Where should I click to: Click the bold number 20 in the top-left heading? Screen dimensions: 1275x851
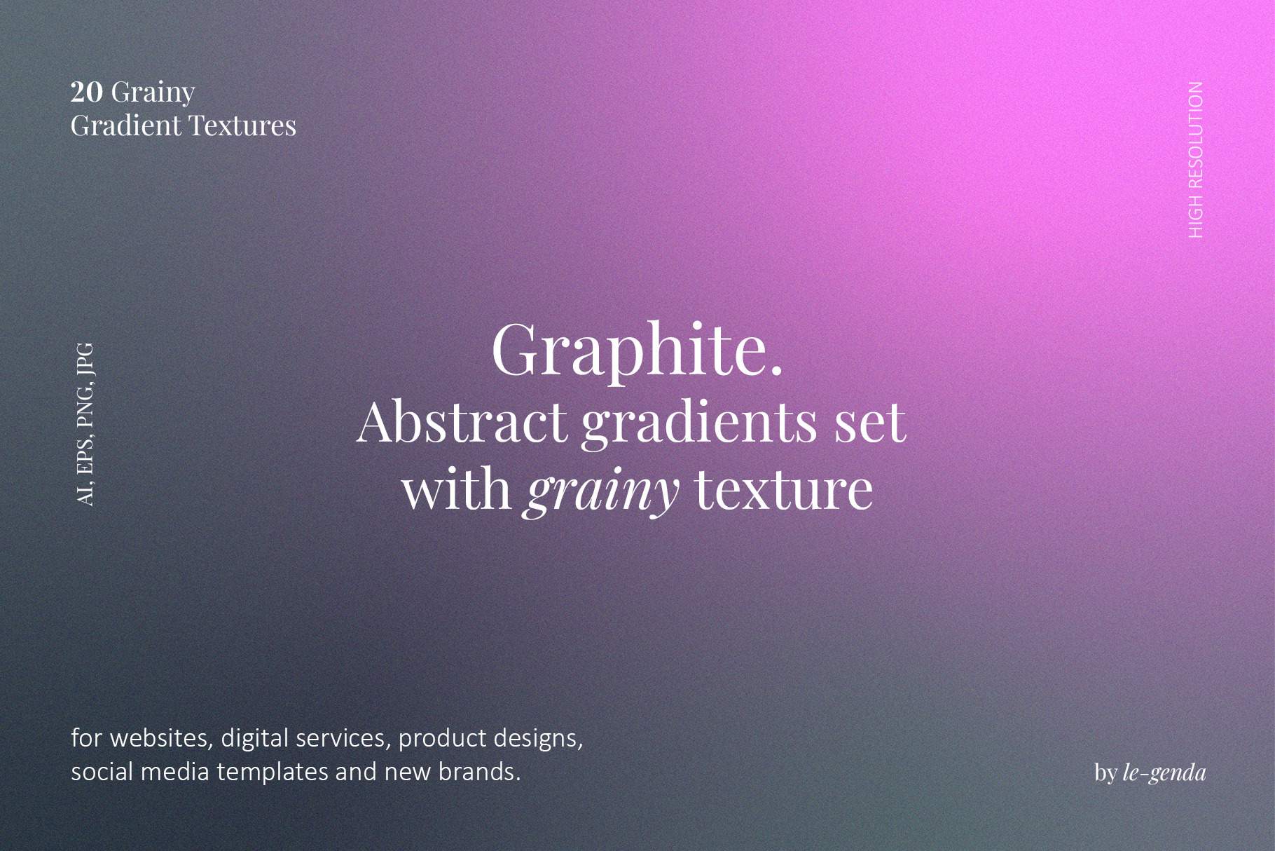(87, 92)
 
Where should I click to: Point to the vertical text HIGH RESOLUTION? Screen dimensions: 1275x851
(1196, 160)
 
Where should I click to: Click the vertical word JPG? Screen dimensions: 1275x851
(85, 359)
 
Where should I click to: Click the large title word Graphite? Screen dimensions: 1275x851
(637, 350)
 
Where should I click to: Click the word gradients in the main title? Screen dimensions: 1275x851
(700, 425)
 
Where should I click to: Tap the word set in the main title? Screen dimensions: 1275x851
(869, 425)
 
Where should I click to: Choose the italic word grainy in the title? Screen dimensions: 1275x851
(600, 491)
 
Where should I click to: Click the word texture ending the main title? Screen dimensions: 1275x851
(784, 491)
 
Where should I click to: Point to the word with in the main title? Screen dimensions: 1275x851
(456, 489)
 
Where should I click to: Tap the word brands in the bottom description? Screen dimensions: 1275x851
(479, 772)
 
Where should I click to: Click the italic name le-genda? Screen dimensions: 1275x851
(1164, 773)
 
